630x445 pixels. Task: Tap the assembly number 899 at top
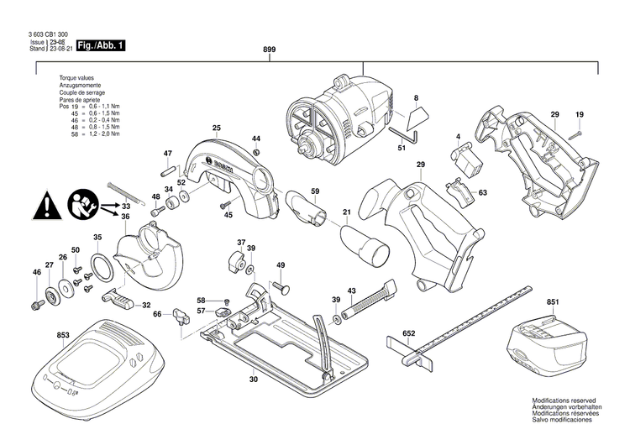click(270, 50)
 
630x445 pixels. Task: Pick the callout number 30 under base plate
click(254, 379)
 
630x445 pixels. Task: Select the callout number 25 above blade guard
click(216, 128)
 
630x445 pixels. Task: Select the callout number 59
click(315, 192)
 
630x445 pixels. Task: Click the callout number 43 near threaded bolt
click(352, 290)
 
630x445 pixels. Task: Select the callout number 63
click(482, 193)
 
